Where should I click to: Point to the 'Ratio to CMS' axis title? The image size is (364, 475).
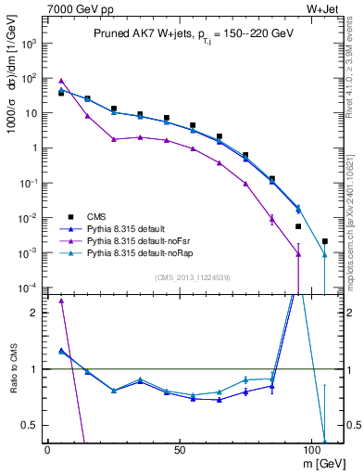pyautogui.click(x=14, y=369)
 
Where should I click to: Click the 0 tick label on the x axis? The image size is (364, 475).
pyautogui.click(x=47, y=449)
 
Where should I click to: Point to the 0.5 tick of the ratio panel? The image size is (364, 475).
pyautogui.click(x=32, y=425)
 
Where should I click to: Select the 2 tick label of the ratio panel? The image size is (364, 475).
pyautogui.click(x=36, y=313)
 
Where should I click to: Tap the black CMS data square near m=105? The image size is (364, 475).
pyautogui.click(x=324, y=241)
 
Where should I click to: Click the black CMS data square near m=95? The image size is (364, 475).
pyautogui.click(x=298, y=226)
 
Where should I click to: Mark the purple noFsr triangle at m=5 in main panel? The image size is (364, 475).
pyautogui.click(x=61, y=81)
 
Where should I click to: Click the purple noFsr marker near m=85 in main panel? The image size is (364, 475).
pyautogui.click(x=271, y=219)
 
